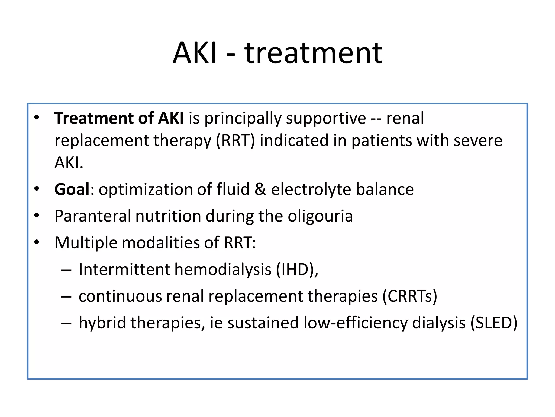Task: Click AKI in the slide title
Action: coord(195,53)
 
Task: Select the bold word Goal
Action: coord(72,189)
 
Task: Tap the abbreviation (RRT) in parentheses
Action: coord(235,141)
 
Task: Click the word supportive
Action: coord(326,119)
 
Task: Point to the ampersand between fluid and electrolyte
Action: coord(260,189)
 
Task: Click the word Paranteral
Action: coord(93,216)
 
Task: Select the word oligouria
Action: coord(320,216)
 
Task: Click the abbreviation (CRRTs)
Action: coord(410,296)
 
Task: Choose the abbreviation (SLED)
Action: coord(494,323)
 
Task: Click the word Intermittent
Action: coord(124,270)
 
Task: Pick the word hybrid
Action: coord(102,323)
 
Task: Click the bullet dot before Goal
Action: coord(37,189)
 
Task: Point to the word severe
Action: coord(478,141)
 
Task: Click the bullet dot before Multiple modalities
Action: coord(37,242)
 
